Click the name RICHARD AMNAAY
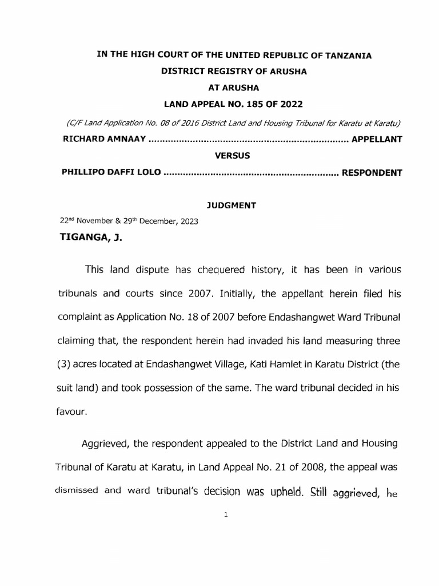tap(103, 139)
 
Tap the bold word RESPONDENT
tap(372, 172)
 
